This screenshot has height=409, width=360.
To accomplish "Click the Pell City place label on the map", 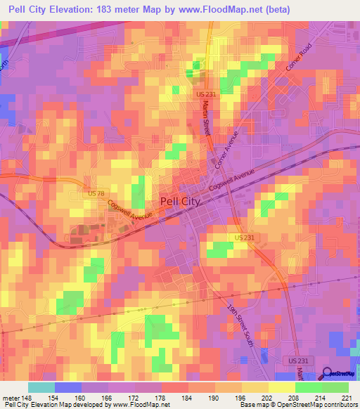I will (x=181, y=200).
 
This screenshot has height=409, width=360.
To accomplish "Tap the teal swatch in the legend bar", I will (x=41, y=387).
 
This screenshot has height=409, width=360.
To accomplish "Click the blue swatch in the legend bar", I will (x=67, y=387).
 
